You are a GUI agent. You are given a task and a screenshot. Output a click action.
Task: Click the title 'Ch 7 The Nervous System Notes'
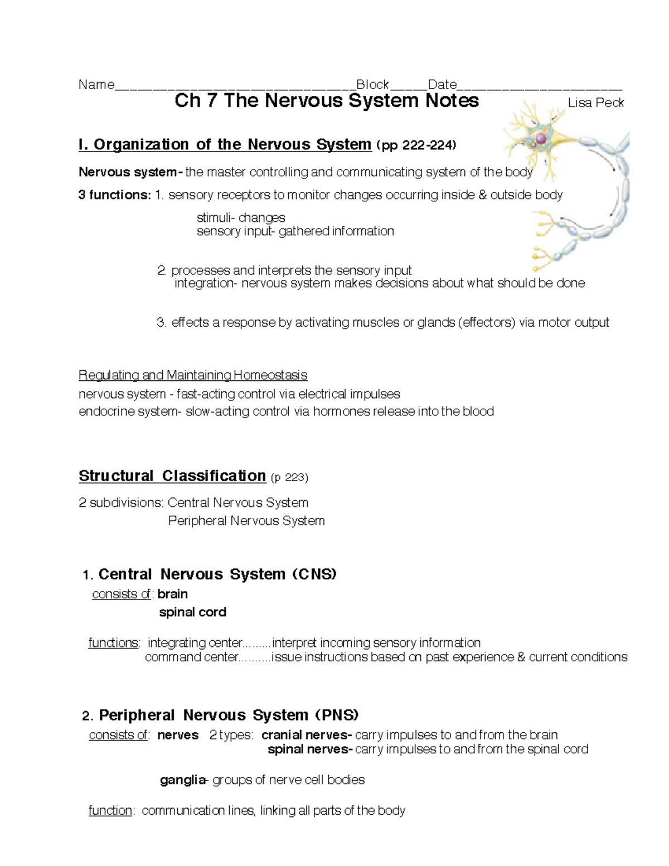[326, 101]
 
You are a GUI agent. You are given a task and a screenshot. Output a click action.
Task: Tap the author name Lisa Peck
[595, 103]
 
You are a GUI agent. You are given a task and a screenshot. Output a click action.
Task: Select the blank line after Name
[235, 87]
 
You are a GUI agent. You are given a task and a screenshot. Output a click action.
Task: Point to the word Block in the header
[372, 85]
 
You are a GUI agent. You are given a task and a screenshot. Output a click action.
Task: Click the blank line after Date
[539, 87]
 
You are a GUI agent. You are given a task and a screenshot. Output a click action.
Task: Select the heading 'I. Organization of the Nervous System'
[225, 145]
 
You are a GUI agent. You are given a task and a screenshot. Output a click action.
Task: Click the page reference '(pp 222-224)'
[416, 146]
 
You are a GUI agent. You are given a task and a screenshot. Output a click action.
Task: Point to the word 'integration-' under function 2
[206, 283]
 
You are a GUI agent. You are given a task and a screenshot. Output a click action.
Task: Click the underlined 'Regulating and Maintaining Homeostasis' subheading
[193, 375]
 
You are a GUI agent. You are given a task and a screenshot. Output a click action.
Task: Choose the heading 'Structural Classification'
[172, 476]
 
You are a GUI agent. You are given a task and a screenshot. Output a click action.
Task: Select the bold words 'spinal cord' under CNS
[192, 612]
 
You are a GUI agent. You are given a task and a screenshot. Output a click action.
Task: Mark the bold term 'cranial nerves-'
[307, 735]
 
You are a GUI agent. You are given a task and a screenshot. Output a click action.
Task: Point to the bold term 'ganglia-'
[184, 780]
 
